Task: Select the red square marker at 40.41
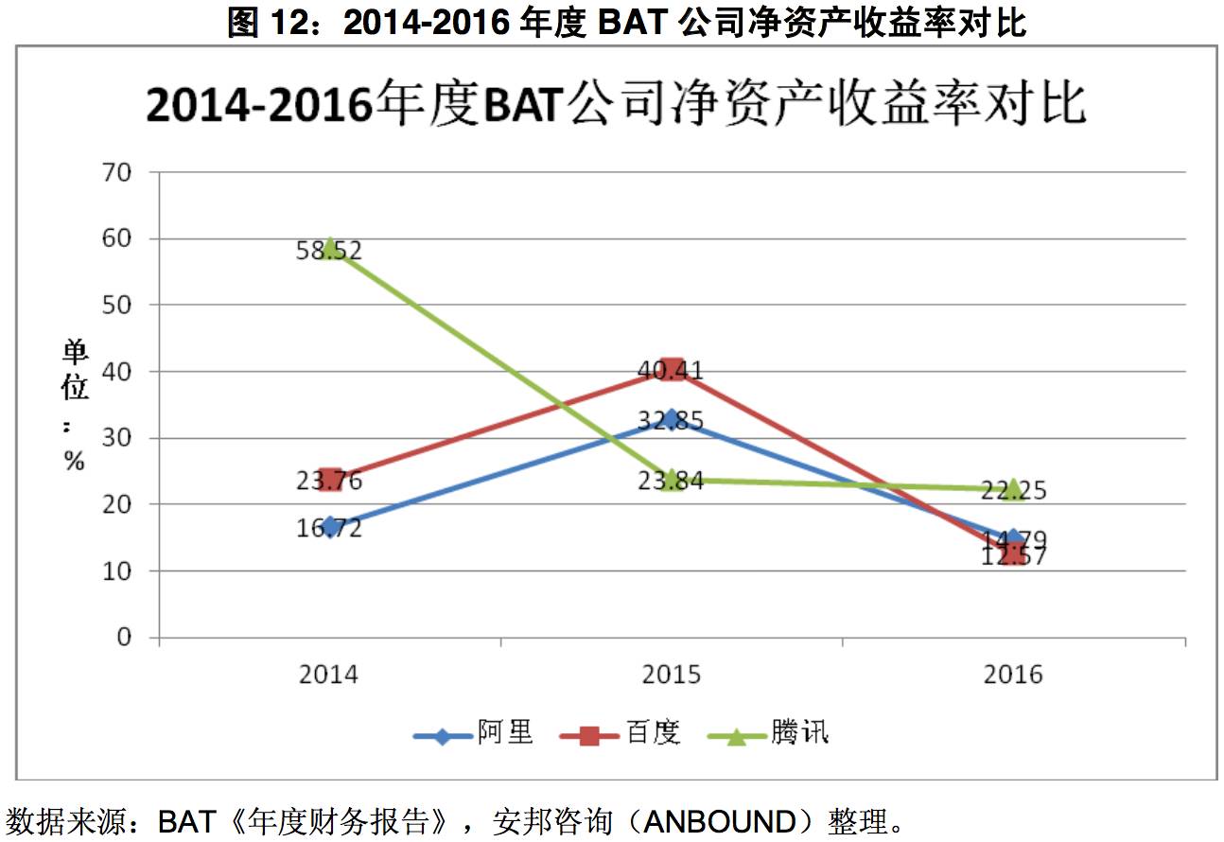[x=672, y=369]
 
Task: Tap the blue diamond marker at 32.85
[x=672, y=419]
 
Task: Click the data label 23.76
[x=329, y=482]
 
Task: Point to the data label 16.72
[x=329, y=528]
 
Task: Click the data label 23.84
[x=671, y=482]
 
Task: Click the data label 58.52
[x=329, y=252]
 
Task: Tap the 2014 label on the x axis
[x=329, y=675]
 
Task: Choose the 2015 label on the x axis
[x=671, y=675]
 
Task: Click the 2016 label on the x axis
[x=1012, y=675]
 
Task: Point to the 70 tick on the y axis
[x=124, y=172]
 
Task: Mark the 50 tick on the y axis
[x=124, y=306]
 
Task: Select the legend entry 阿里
[x=504, y=733]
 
